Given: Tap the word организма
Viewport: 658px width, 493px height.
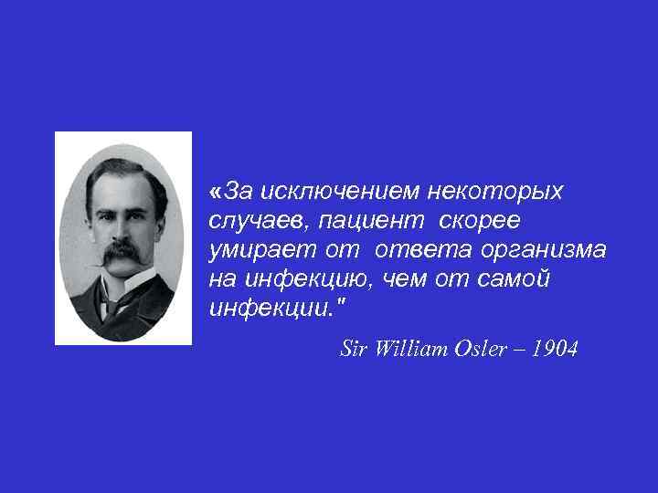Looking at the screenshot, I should click(545, 249).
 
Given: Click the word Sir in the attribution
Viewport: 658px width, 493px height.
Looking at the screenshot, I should click(352, 348).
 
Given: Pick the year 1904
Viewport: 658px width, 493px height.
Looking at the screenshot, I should click(554, 348).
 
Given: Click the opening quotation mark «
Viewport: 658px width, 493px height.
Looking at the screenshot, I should click(215, 192).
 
